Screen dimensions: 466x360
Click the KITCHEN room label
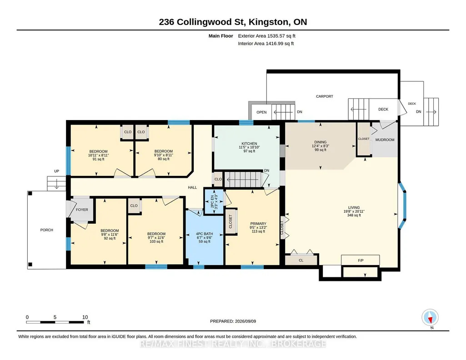pyautogui.click(x=249, y=144)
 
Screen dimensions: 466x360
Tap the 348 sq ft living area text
pyautogui.click(x=354, y=215)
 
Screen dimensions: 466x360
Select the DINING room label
pyautogui.click(x=321, y=142)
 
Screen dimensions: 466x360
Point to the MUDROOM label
pyautogui.click(x=385, y=140)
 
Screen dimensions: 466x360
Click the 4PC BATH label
pyautogui.click(x=205, y=234)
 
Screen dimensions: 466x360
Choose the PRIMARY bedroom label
pyautogui.click(x=258, y=224)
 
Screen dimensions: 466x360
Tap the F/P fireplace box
pyautogui.click(x=361, y=260)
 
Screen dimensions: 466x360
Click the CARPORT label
pyautogui.click(x=325, y=96)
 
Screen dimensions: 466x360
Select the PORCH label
pyautogui.click(x=47, y=230)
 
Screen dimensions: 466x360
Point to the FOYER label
pyautogui.click(x=82, y=210)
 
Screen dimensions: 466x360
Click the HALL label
pyautogui.click(x=192, y=187)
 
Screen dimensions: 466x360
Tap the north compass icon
pyautogui.click(x=430, y=318)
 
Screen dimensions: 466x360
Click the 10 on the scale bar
pyautogui.click(x=85, y=317)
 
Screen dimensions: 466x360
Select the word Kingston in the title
pyautogui.click(x=268, y=22)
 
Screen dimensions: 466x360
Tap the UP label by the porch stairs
pyautogui.click(x=56, y=171)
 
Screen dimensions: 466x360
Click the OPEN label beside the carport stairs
pyautogui.click(x=261, y=112)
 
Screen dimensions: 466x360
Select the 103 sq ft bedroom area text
pyautogui.click(x=156, y=241)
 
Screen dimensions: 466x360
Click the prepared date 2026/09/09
pyautogui.click(x=246, y=321)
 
